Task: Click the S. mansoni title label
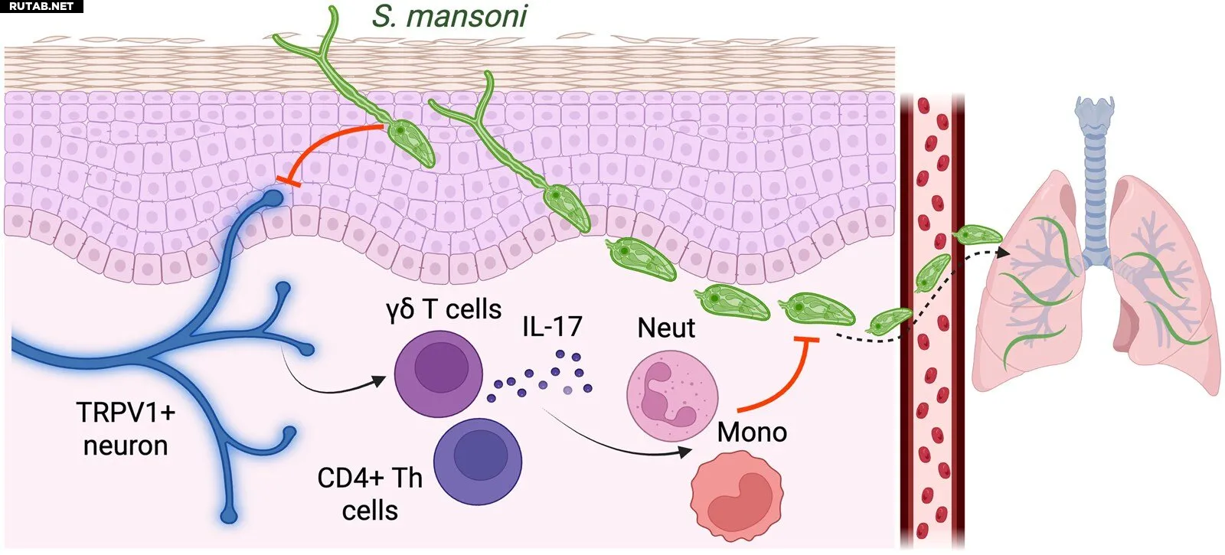449,16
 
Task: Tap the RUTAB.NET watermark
41,7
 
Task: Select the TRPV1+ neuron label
126,429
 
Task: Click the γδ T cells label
443,309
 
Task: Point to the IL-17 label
552,326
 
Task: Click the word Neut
666,328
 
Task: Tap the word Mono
752,432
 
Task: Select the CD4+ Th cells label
371,495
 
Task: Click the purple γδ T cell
439,374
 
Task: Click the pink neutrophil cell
672,395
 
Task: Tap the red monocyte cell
737,497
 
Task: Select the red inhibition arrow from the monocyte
788,377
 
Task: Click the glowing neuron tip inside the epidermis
273,198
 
